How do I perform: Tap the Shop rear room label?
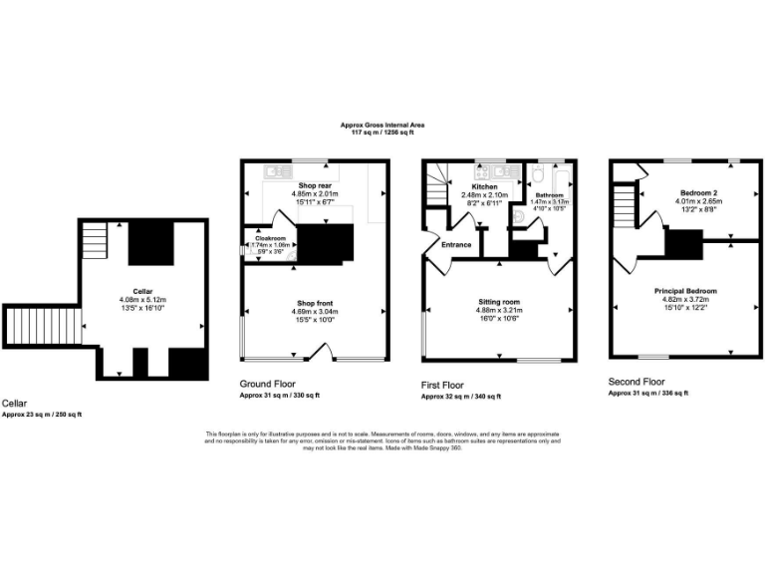pos(314,185)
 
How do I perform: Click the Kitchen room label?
pos(485,185)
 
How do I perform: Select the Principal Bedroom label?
pos(684,290)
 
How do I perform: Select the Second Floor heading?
pos(637,382)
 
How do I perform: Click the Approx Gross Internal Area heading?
pos(382,125)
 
